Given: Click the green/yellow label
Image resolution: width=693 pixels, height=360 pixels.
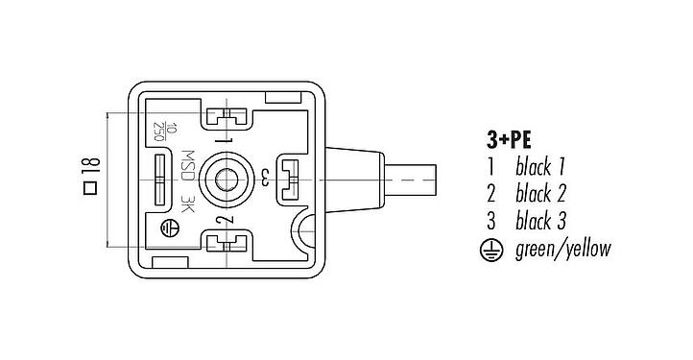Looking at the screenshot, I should [x=562, y=250].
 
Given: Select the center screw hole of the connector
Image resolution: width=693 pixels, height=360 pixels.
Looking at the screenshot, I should [x=227, y=179].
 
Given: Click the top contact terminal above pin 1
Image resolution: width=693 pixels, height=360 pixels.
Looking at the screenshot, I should [x=227, y=120].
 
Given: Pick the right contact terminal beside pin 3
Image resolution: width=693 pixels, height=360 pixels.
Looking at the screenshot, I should [x=288, y=178].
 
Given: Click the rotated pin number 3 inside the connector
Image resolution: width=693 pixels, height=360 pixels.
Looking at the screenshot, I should [x=265, y=176].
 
